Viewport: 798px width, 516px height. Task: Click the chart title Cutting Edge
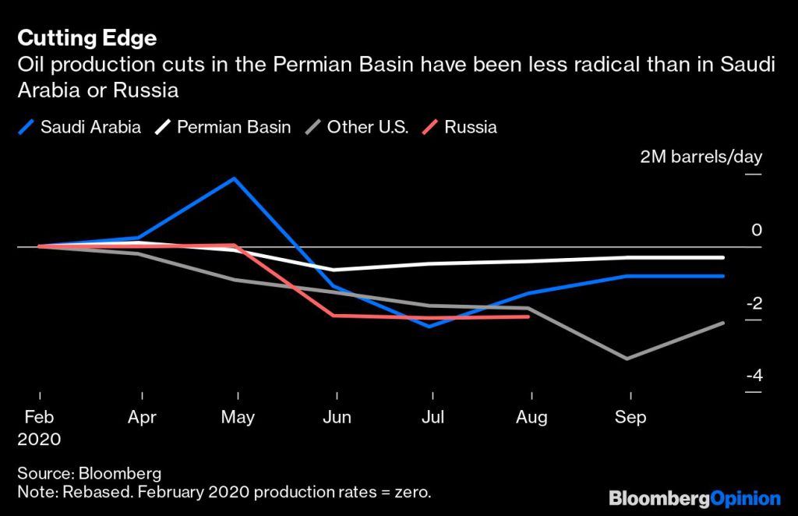[87, 38]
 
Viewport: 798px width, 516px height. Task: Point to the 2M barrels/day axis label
[701, 157]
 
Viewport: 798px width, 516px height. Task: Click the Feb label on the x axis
[39, 418]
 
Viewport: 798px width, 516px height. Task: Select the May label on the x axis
[238, 418]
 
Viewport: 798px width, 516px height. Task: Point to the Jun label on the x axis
[337, 418]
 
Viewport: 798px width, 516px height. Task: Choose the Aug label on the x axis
[531, 418]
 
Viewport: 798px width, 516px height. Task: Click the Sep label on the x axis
[630, 418]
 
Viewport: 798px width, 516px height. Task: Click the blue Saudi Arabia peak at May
[235, 178]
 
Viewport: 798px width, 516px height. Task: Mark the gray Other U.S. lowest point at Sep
[627, 359]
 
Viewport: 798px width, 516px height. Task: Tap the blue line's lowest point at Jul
[431, 326]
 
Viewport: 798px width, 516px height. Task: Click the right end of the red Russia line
[529, 316]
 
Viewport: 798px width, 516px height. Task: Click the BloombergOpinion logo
[694, 497]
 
